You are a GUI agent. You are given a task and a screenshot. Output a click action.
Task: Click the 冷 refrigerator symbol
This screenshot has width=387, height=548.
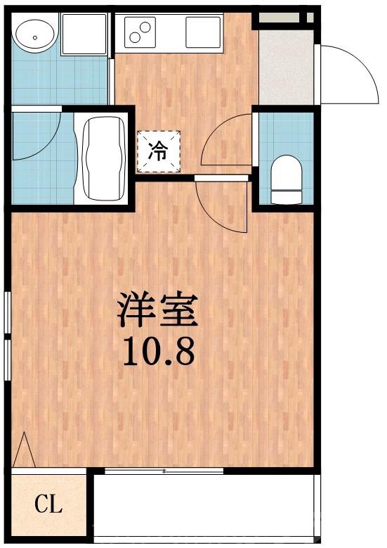click(x=159, y=151)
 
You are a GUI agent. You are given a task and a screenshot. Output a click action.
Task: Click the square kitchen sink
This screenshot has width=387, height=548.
click(x=204, y=31)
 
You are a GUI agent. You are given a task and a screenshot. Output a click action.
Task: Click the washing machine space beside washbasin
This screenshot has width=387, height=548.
click(x=84, y=32)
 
